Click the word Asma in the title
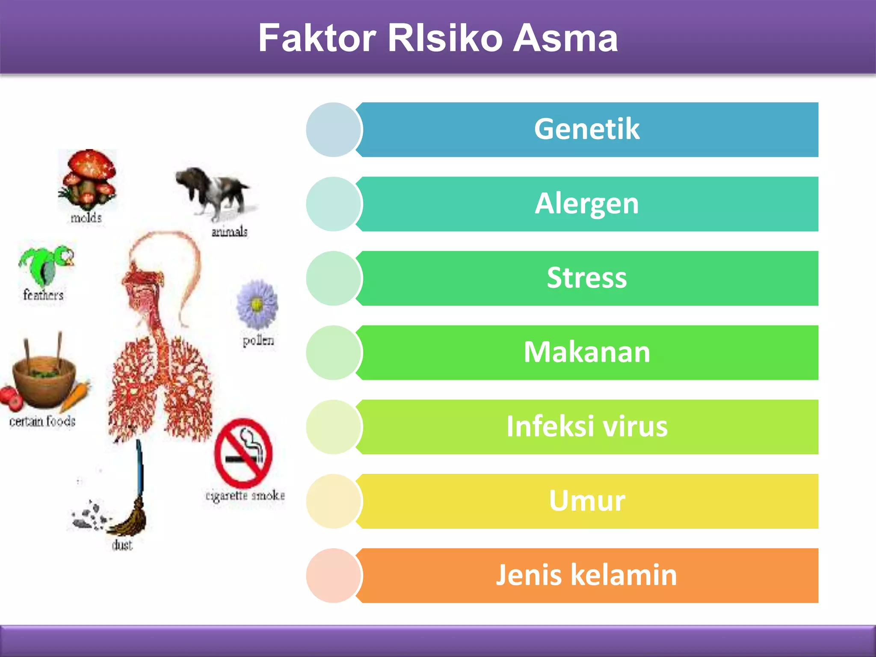[x=565, y=38]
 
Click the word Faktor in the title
[x=317, y=38]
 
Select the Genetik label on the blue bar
[x=586, y=129]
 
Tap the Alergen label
[x=586, y=204]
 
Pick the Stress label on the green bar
[x=586, y=278]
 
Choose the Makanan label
[x=586, y=352]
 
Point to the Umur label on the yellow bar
[x=586, y=501]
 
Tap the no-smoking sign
[x=243, y=453]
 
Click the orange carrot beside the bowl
[x=76, y=396]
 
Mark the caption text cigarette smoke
[x=245, y=496]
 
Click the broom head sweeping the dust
[x=129, y=520]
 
